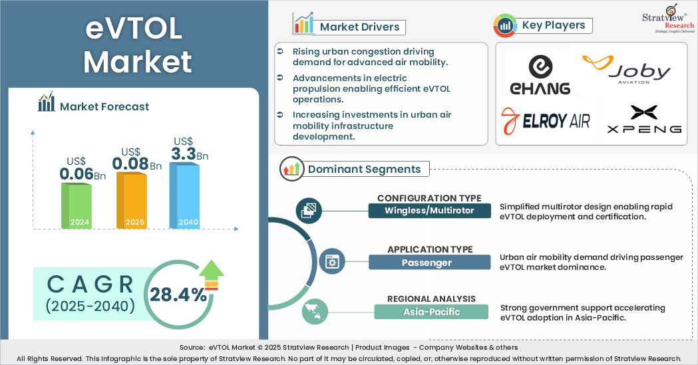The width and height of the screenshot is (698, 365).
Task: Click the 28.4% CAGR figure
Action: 178,295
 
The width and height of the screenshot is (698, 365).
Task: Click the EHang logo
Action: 540,74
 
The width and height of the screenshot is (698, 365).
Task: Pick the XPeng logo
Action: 644,120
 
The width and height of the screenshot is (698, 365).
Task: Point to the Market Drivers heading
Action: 360,27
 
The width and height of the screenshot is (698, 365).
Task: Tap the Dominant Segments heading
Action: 364,169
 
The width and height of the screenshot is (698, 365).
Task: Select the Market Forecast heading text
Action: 104,106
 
